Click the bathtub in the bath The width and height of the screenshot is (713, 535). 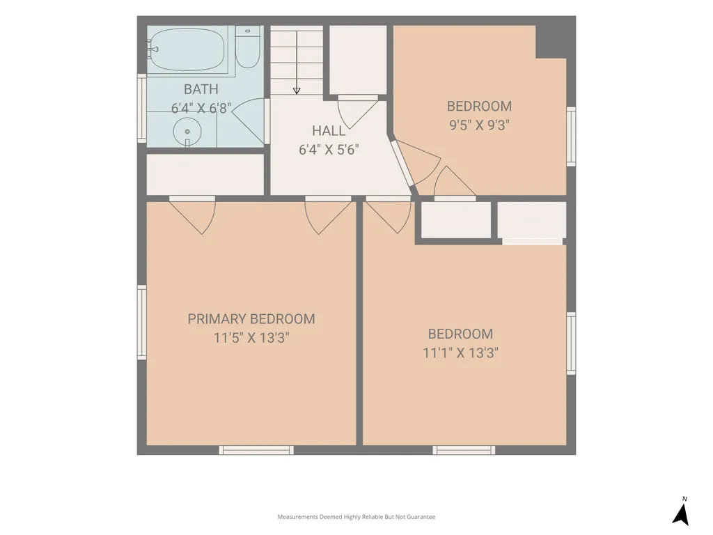(x=187, y=50)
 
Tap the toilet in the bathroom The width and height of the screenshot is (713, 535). (x=247, y=47)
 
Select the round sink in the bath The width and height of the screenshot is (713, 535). (x=187, y=132)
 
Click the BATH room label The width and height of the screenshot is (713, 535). (x=201, y=89)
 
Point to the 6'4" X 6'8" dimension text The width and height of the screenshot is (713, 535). (x=201, y=108)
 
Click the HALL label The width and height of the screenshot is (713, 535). (x=329, y=131)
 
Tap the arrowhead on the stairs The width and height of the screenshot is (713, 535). (x=297, y=91)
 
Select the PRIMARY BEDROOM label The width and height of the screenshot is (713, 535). (x=251, y=319)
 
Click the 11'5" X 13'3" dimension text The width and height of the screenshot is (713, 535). (x=251, y=338)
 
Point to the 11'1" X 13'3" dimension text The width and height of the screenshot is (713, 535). (x=461, y=353)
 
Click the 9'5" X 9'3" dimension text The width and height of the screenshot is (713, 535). (x=479, y=125)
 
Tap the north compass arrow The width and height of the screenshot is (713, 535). (x=681, y=515)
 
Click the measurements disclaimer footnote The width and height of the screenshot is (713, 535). (x=356, y=517)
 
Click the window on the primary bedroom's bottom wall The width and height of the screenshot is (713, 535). (x=256, y=450)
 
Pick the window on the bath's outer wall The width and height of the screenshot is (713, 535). (x=142, y=108)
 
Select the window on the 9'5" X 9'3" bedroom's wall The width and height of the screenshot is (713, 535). (x=571, y=137)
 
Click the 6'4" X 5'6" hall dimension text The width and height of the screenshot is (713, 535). (x=329, y=150)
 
